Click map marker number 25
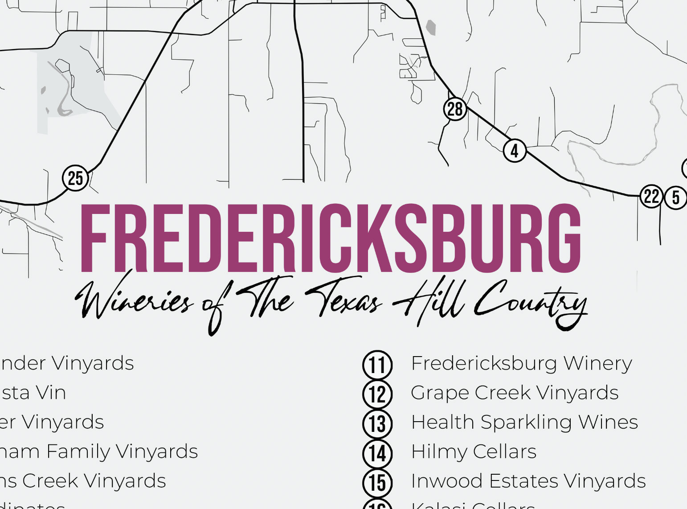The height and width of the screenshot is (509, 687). click(x=75, y=178)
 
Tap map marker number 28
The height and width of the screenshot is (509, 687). click(x=455, y=109)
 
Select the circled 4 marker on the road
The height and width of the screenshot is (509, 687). click(x=515, y=151)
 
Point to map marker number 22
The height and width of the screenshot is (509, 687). click(x=651, y=196)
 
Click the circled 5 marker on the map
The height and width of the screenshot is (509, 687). click(x=675, y=197)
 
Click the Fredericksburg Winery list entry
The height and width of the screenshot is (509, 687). click(x=521, y=364)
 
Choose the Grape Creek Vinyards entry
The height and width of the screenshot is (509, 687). click(x=515, y=393)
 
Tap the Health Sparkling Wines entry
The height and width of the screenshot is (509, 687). click(x=524, y=423)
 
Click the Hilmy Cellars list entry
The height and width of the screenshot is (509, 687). click(x=474, y=452)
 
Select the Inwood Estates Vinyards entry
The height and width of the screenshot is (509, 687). click(x=528, y=481)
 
